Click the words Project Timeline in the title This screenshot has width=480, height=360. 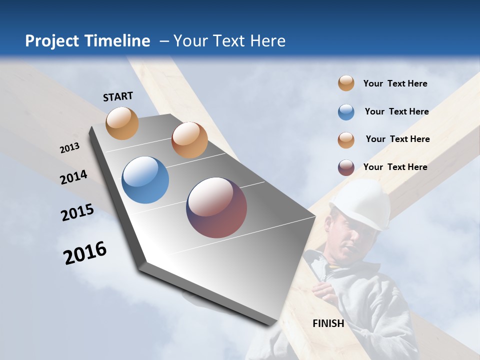tap(87, 41)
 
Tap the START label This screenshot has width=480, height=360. tap(118, 96)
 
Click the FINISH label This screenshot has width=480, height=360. tap(328, 323)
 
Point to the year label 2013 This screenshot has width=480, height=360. tap(69, 148)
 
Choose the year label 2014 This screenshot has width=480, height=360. tap(73, 177)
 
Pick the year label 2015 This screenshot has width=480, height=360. tap(77, 212)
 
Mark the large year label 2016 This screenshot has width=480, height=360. tap(85, 252)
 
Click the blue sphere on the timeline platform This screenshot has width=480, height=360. tap(145, 180)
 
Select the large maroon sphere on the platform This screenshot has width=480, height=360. tap(216, 207)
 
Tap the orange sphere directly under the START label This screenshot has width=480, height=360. tap(122, 123)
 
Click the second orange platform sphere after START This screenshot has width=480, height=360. tap(189, 140)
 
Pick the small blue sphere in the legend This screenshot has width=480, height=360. tap(346, 112)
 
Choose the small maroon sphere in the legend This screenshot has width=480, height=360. tap(346, 167)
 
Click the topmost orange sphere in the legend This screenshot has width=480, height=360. tap(346, 83)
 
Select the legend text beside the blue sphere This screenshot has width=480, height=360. tap(396, 111)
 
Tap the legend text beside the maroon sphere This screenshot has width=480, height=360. tap(395, 167)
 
